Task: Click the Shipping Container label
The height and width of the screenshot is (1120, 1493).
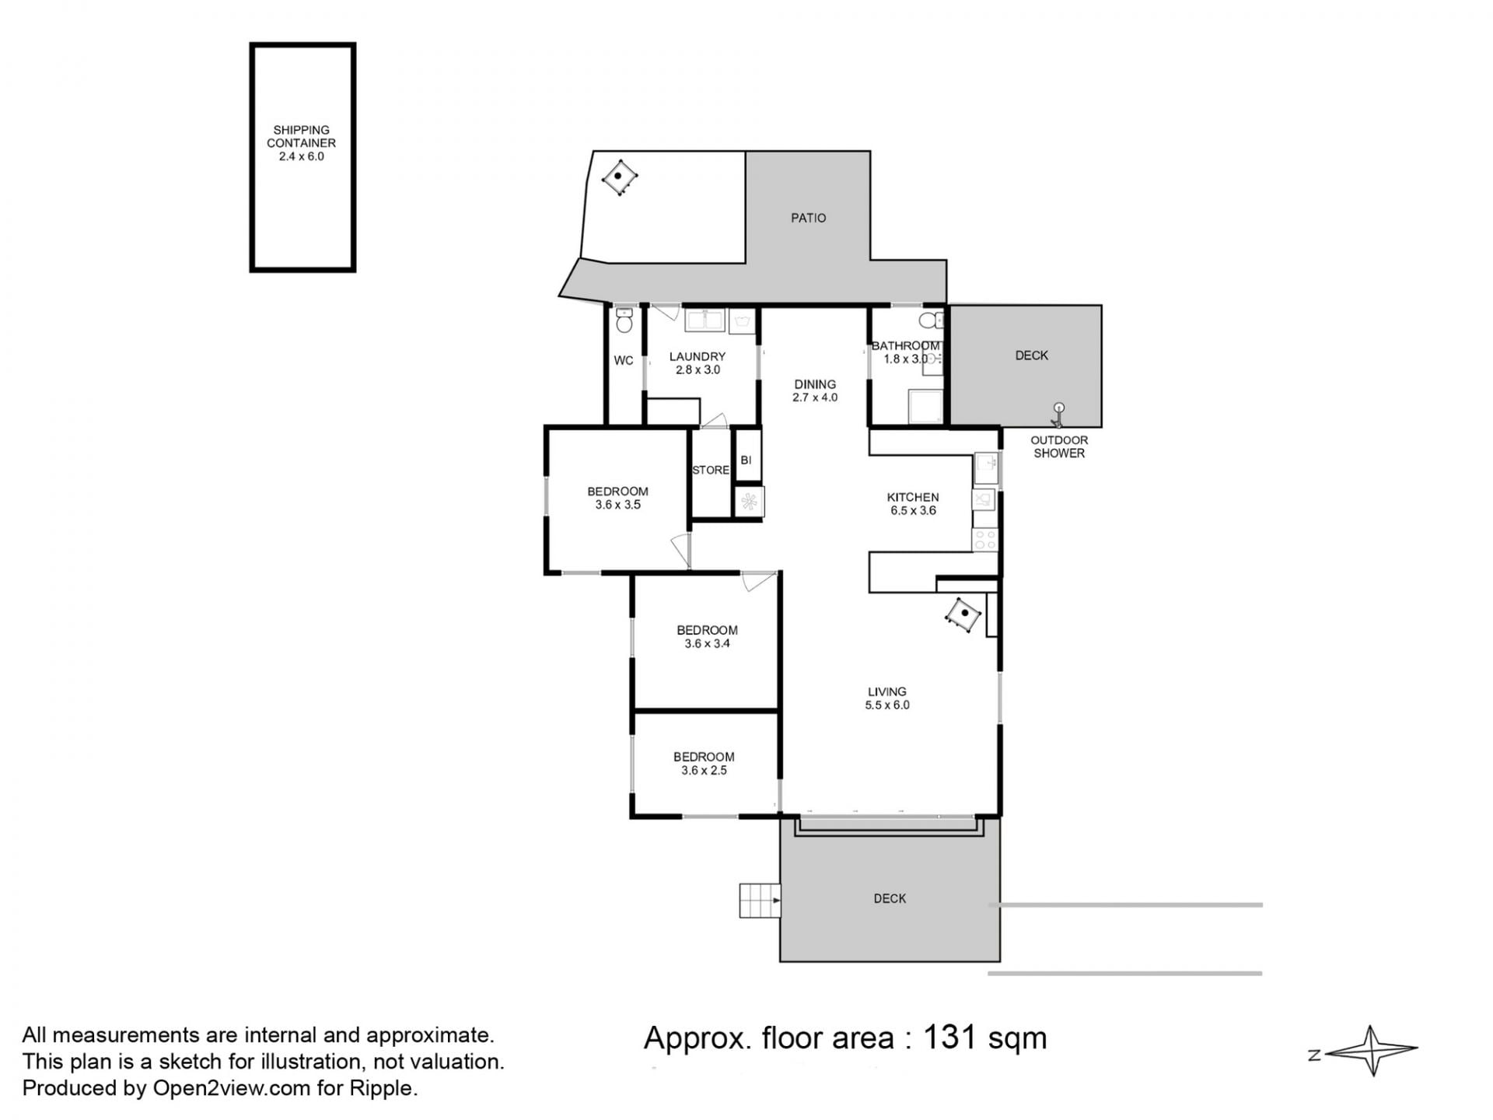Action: pos(301,143)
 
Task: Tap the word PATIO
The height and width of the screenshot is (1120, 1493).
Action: pos(808,219)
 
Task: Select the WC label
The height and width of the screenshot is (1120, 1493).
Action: pos(624,361)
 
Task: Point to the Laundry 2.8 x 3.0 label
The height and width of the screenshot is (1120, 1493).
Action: pos(698,363)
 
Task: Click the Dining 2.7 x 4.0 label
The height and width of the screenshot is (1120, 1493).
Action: pos(815,391)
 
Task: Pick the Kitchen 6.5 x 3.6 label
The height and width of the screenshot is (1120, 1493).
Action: pos(913,504)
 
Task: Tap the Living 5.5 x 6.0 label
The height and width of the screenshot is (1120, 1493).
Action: pos(887,698)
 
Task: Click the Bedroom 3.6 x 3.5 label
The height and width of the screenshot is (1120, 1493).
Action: pos(617,498)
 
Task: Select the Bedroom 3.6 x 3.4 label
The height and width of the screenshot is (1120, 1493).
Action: pos(707,637)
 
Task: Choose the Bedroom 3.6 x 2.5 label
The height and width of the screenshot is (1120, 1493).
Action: pos(704,764)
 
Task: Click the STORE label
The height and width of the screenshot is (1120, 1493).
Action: pos(711,471)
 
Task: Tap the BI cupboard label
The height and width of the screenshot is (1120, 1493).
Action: pos(746,460)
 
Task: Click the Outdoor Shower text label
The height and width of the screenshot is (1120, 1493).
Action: pos(1059,446)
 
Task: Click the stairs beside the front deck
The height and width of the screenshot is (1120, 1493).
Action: pos(760,901)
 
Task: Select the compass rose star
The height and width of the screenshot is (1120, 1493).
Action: pos(1372,1051)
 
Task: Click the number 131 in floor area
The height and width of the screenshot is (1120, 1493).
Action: pos(949,1038)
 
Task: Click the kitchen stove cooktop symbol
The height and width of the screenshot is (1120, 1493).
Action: pos(985,540)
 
